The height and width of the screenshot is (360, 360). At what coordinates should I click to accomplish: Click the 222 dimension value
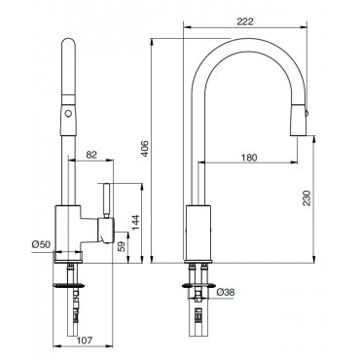(245, 21)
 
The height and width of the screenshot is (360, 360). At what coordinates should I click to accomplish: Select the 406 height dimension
(145, 149)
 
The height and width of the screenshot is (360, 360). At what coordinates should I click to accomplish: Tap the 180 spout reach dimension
(249, 158)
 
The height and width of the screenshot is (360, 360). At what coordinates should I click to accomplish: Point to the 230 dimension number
(306, 198)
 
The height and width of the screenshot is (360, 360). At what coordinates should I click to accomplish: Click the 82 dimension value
(91, 155)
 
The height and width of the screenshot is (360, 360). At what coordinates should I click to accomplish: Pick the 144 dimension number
(135, 222)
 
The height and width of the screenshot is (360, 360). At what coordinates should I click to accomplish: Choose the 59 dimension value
(121, 247)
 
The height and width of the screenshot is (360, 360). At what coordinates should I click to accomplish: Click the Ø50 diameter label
(41, 244)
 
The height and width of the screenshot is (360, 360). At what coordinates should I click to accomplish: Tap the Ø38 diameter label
(225, 292)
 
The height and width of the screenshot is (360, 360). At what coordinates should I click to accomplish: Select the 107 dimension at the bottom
(85, 341)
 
